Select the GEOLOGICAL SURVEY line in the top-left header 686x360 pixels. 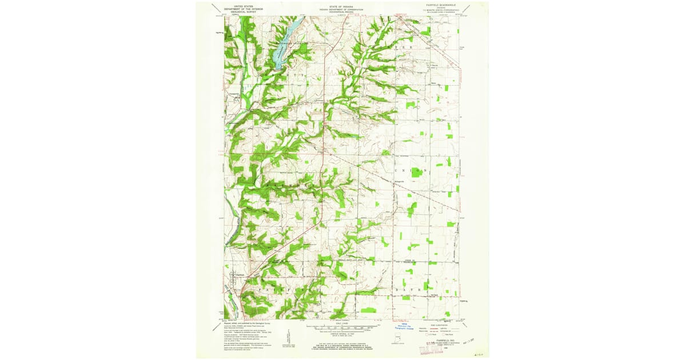pos(239,12)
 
